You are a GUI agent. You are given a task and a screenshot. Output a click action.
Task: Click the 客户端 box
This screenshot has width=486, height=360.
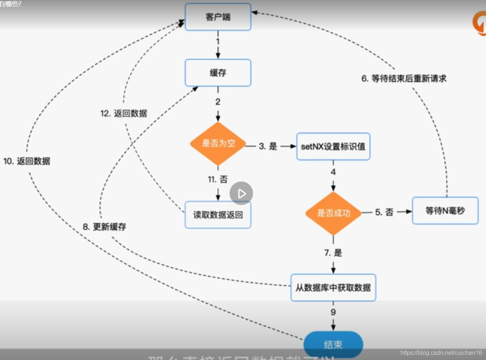(218, 17)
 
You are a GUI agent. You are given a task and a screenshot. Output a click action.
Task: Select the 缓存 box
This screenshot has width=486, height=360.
(218, 73)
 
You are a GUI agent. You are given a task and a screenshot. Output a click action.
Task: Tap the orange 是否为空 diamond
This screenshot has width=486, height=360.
(218, 144)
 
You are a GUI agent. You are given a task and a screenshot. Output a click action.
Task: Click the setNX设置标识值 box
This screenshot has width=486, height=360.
(333, 147)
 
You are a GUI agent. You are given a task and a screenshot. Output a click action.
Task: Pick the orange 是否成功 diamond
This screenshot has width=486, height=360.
(333, 213)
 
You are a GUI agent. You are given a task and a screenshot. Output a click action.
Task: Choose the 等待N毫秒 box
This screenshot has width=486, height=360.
(445, 211)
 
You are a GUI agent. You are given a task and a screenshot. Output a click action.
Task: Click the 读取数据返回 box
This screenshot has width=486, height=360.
(218, 215)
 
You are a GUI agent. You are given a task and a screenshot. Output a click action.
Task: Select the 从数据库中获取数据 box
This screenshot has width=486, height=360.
(333, 288)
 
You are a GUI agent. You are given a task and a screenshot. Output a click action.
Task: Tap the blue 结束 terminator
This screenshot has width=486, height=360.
(333, 344)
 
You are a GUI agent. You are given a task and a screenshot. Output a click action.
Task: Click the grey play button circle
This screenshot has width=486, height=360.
(241, 193)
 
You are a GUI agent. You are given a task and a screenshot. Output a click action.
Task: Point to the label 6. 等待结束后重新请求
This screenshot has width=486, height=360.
(404, 79)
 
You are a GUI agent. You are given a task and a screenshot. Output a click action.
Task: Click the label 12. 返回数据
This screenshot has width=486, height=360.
(124, 113)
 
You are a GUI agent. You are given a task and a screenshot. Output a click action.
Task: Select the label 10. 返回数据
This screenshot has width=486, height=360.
(27, 161)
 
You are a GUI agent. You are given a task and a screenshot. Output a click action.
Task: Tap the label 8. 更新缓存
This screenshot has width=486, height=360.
(104, 227)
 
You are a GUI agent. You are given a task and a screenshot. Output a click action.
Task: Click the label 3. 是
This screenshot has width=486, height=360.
(268, 146)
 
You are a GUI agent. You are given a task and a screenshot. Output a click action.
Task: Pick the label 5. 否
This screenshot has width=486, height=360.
(384, 212)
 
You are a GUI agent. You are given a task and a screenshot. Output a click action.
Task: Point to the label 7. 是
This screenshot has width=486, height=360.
(333, 253)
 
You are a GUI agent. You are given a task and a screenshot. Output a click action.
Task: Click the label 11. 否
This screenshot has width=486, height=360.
(218, 179)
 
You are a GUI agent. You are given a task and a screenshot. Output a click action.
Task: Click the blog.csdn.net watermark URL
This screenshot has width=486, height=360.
(441, 353)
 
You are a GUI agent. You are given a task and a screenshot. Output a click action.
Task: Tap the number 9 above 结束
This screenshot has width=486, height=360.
(333, 312)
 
